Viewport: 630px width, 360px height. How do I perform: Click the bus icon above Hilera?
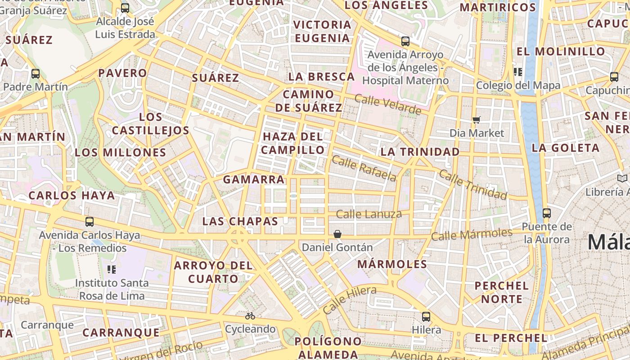(426, 316)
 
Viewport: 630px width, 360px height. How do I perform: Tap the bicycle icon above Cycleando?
(250, 316)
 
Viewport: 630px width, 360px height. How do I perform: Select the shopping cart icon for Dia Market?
(477, 120)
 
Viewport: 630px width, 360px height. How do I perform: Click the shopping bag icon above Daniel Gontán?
(337, 234)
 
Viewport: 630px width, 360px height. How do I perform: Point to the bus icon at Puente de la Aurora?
(546, 213)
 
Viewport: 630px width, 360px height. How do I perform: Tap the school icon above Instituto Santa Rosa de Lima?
(112, 270)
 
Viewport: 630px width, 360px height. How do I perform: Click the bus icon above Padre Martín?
(36, 73)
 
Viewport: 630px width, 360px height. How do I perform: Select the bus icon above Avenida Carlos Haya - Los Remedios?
(90, 221)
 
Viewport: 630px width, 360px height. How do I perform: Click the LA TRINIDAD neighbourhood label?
(420, 152)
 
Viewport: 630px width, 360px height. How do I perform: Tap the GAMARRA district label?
(254, 180)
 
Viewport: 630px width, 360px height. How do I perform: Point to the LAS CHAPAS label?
(240, 221)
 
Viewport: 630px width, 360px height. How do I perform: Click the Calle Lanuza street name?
(369, 214)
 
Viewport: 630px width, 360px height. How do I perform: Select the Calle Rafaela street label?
(364, 168)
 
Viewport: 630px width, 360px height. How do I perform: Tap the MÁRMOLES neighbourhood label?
(392, 264)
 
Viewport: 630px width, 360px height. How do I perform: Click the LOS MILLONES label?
(121, 153)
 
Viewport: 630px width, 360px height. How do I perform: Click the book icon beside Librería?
(622, 179)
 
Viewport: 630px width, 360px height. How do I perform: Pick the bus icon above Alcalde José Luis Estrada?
(125, 8)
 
